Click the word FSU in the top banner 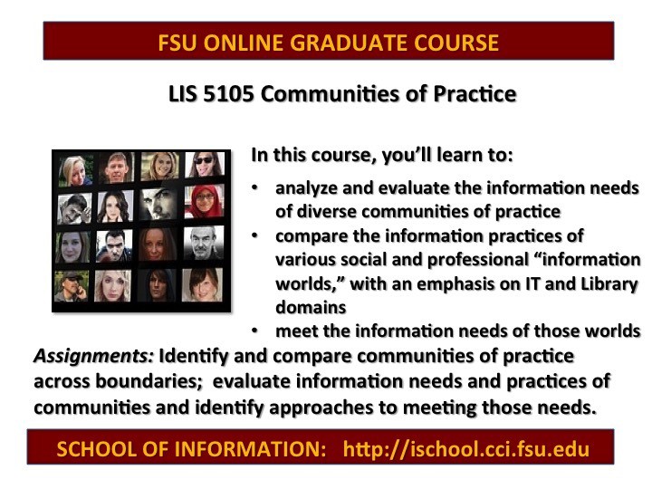tap(177, 43)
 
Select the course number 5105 tap(228, 94)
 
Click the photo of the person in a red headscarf tap(204, 202)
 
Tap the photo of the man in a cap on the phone tap(72, 285)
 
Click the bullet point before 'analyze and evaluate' tap(254, 188)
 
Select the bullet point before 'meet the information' tap(254, 331)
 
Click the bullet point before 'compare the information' tap(254, 235)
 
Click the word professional tap(478, 260)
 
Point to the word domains tap(311, 308)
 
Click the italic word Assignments tap(94, 357)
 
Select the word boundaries tap(149, 381)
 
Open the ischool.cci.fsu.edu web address tap(466, 449)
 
